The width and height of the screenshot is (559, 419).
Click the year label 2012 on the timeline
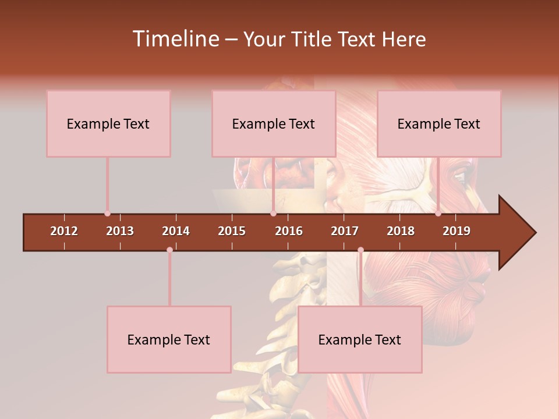coord(64,231)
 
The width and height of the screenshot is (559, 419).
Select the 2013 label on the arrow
coord(120,231)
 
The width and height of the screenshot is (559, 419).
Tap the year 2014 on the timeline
coord(176,231)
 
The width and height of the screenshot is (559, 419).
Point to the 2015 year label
coord(232,231)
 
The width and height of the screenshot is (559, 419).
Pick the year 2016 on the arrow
coord(289,231)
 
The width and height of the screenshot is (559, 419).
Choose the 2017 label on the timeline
coord(345,231)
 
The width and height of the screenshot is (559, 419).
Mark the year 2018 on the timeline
coord(401,231)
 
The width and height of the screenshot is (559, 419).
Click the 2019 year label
coord(457,231)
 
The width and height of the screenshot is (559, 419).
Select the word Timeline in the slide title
coord(175,39)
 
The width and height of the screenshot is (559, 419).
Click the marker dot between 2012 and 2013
coord(107,214)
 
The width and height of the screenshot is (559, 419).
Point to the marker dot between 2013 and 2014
coord(169,250)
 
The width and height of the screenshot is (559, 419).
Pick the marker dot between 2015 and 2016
coord(273,214)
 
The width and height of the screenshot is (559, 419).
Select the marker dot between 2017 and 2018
coord(360,250)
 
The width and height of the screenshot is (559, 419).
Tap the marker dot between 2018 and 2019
coord(438,214)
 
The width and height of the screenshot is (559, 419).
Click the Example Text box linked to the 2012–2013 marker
coord(108,123)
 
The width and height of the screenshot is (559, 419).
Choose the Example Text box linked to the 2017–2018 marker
coord(360,339)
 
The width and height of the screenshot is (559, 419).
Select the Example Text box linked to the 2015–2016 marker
coord(274,123)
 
